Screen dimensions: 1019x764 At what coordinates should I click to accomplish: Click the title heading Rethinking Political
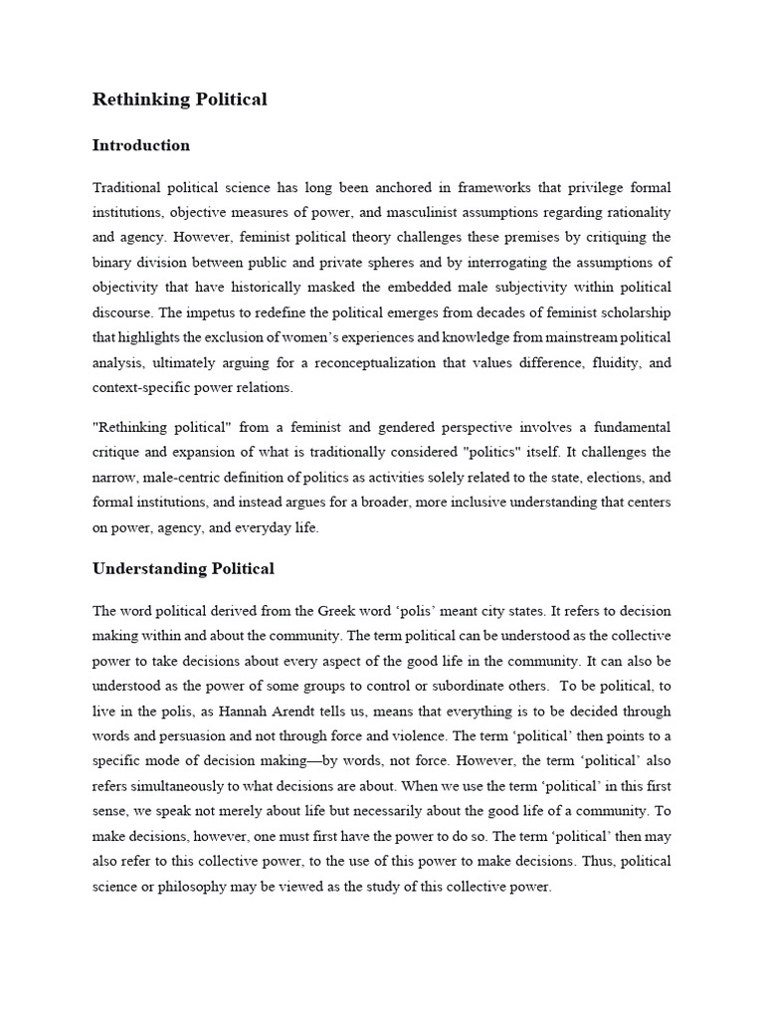(x=179, y=100)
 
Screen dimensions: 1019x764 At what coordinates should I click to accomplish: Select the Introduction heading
(x=140, y=145)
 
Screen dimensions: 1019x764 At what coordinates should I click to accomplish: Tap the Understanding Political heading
(x=183, y=569)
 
